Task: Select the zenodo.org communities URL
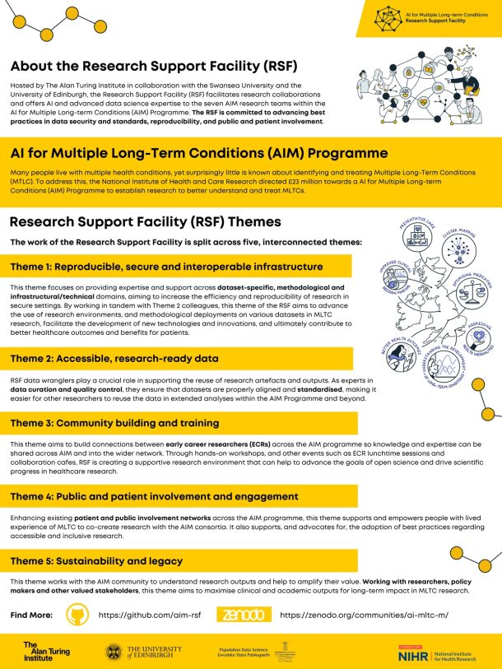click(364, 615)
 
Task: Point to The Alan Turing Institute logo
click(46, 652)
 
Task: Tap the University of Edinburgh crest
click(114, 653)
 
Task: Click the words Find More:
click(31, 615)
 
